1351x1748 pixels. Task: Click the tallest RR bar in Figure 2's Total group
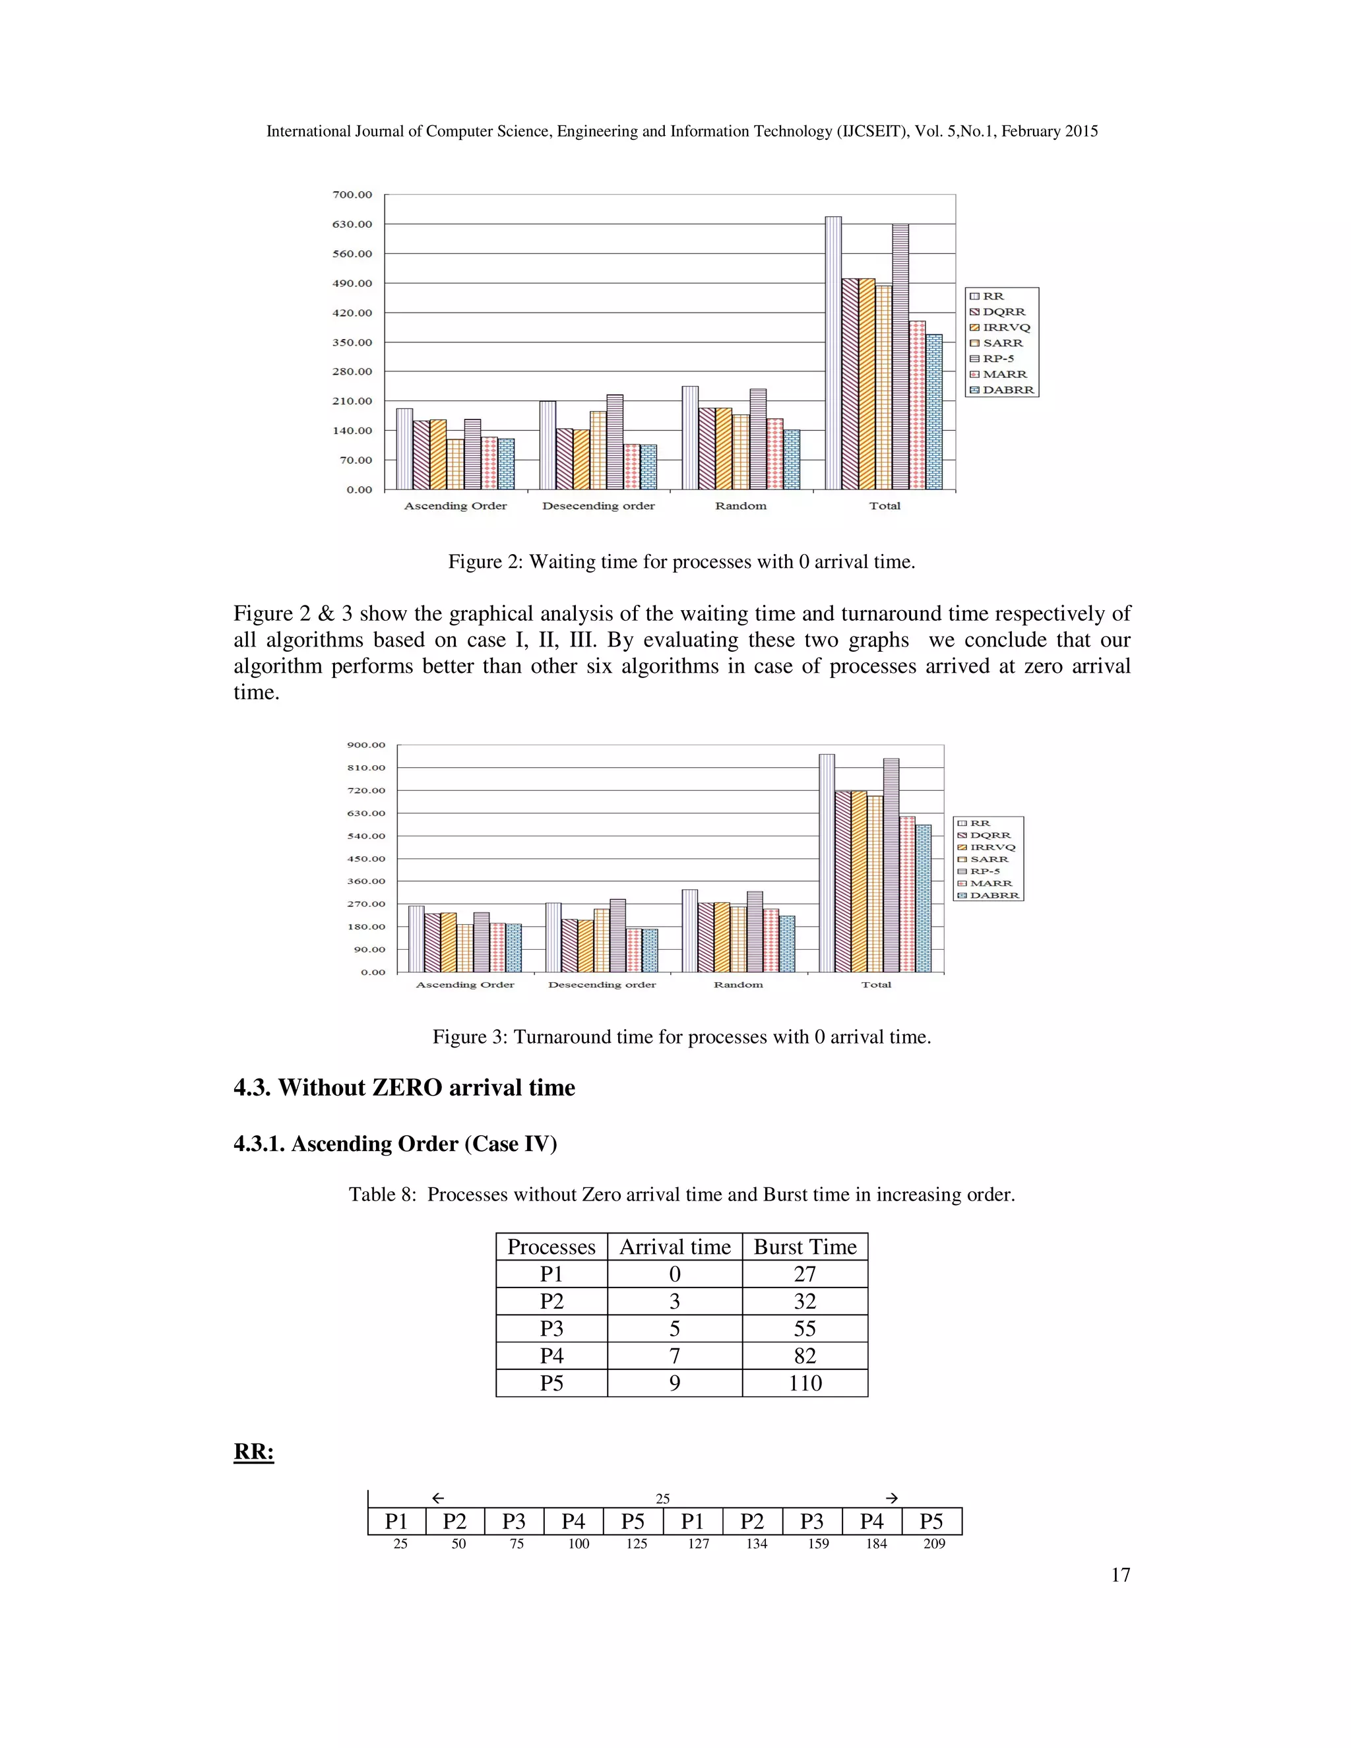tap(833, 352)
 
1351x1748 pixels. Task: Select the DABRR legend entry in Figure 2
tap(1008, 390)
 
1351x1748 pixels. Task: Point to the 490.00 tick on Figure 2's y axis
tap(352, 284)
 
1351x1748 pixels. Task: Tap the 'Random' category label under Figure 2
tap(740, 506)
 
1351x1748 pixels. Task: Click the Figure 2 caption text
tap(681, 562)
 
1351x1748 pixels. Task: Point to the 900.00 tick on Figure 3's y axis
tap(365, 745)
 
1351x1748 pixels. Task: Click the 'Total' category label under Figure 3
tap(875, 984)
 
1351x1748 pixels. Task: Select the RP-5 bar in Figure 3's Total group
tap(891, 864)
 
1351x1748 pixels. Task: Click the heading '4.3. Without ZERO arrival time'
tap(404, 1088)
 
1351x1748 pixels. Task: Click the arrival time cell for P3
tap(675, 1328)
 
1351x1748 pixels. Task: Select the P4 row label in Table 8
tap(551, 1356)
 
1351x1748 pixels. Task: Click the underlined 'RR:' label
tap(254, 1452)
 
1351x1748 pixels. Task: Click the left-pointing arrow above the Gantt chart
tap(438, 1498)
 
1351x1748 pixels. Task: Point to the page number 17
tap(1121, 1575)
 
